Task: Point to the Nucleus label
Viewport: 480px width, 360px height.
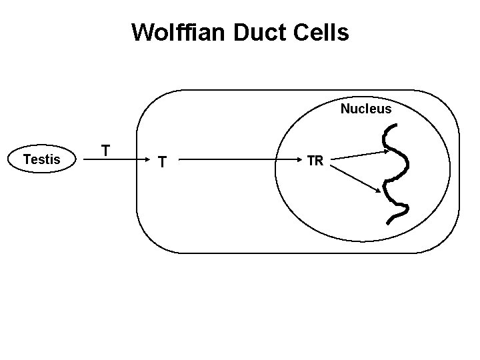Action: [366, 109]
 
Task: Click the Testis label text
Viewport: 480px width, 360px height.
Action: [41, 159]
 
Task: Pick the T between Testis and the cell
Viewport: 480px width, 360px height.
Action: [105, 149]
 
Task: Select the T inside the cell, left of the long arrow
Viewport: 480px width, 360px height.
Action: [162, 161]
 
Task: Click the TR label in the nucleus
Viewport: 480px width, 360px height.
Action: [315, 160]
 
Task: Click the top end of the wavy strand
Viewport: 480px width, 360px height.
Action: [391, 127]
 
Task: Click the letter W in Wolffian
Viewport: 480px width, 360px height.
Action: [142, 32]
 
